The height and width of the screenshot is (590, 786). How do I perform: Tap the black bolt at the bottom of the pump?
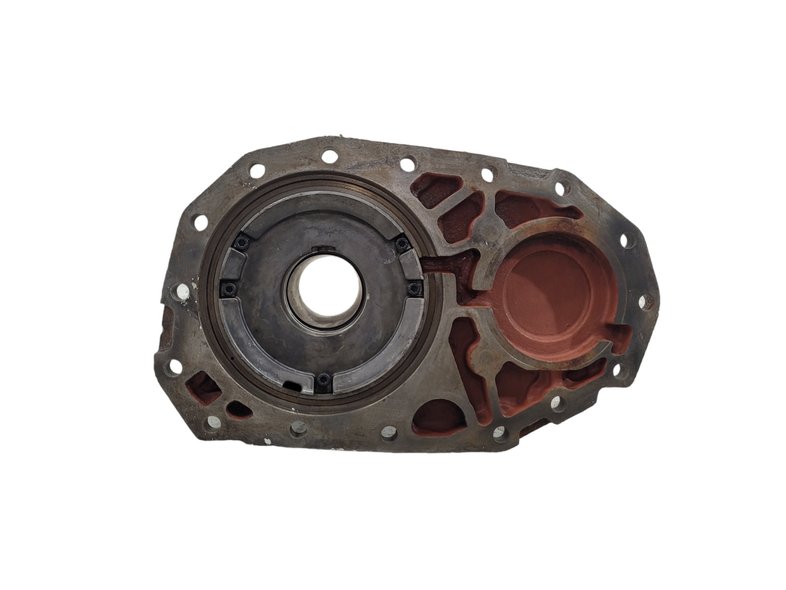pyautogui.click(x=323, y=380)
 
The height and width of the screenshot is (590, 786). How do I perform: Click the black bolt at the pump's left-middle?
pyautogui.click(x=228, y=291)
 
